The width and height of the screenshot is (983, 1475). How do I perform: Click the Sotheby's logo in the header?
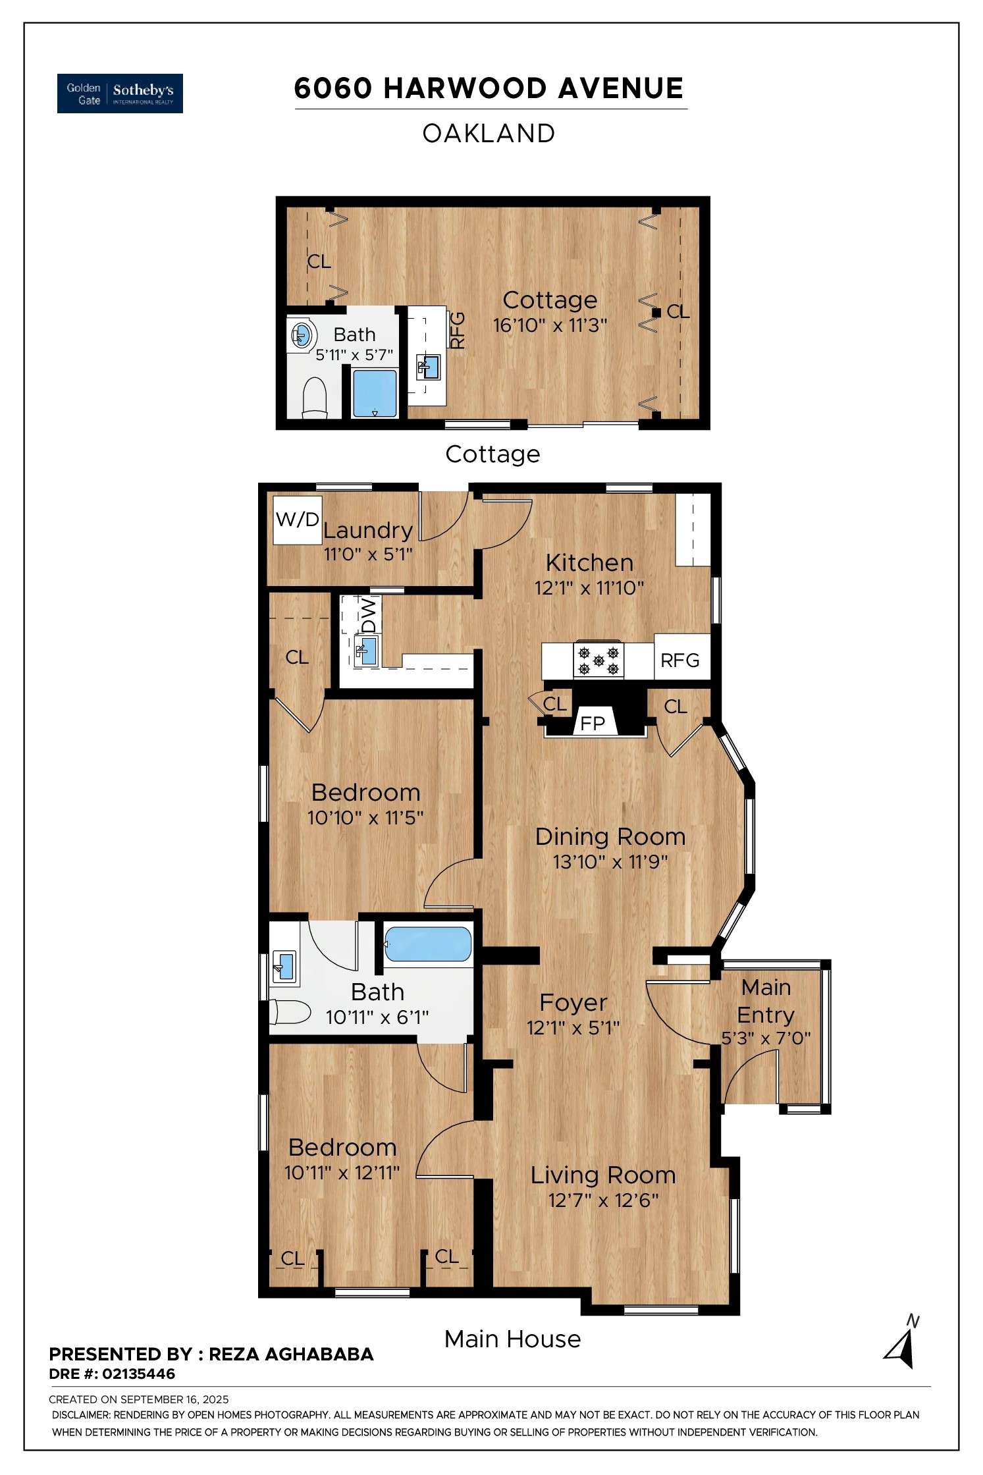tap(120, 93)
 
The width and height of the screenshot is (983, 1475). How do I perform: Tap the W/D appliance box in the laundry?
tap(297, 520)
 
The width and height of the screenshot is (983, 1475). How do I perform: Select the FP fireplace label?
tap(592, 724)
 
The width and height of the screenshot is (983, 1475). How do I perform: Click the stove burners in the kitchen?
tap(598, 660)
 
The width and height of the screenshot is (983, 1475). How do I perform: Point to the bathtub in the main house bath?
tap(428, 944)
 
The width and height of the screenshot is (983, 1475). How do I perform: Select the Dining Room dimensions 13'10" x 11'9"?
tap(610, 861)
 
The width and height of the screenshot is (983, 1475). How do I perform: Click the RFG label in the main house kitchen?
tap(679, 660)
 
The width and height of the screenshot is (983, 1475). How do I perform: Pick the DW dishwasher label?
tap(369, 615)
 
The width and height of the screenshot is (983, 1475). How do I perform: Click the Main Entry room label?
tap(766, 1001)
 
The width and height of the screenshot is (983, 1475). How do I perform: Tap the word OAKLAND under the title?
tap(489, 134)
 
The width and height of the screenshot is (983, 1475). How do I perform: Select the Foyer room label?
tap(573, 1002)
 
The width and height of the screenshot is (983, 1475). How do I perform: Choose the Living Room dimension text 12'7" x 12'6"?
tap(603, 1200)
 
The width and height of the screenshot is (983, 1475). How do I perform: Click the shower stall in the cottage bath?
tap(375, 393)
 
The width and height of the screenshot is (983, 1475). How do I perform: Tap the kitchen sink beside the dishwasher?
tap(367, 651)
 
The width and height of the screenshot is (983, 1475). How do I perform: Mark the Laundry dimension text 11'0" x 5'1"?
tap(367, 554)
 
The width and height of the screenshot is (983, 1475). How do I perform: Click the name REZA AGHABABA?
tap(291, 1354)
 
